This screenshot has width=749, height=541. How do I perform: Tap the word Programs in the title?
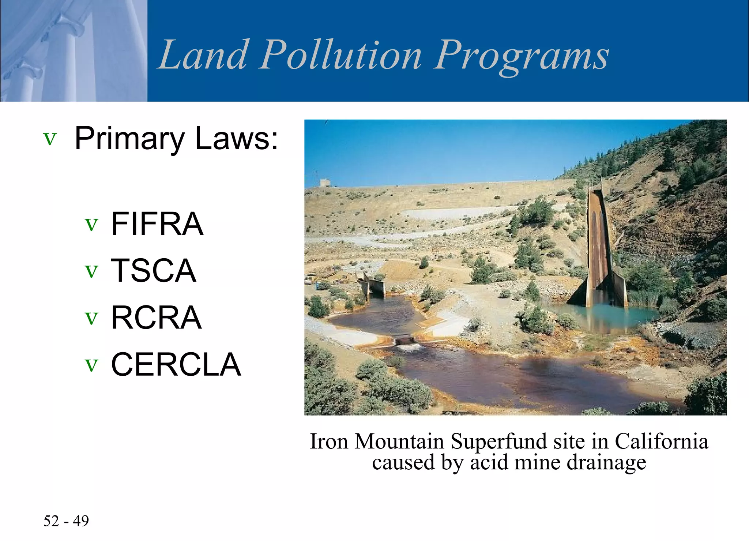pos(521,56)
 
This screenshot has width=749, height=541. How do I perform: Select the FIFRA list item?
pos(157,223)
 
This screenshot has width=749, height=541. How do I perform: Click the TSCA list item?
pos(153,270)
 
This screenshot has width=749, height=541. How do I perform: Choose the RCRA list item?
pos(156,318)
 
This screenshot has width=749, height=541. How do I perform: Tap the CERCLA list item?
pos(176,364)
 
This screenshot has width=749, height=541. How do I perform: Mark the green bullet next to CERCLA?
pos(91,365)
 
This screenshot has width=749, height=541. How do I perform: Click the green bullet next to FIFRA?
pos(91,224)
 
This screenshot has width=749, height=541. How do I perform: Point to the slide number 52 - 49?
pos(66,521)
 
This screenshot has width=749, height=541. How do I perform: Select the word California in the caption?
pos(661,441)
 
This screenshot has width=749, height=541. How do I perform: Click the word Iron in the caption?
pos(329,441)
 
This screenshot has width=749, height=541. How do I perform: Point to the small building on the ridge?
pos(325,183)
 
